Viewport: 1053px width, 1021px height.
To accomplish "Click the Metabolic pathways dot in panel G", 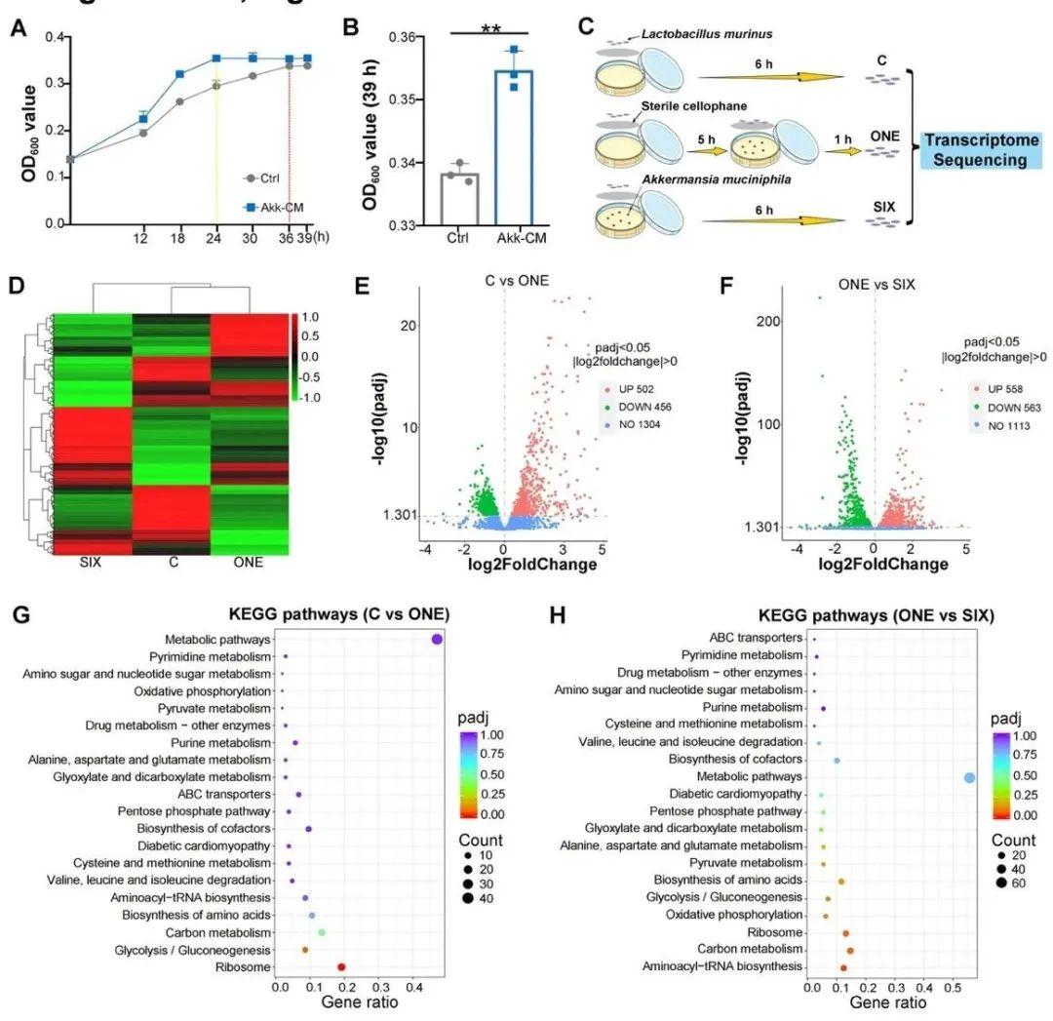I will point(437,639).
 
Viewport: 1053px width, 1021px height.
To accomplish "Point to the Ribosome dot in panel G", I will point(341,967).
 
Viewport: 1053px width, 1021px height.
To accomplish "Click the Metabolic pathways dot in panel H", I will point(969,777).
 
